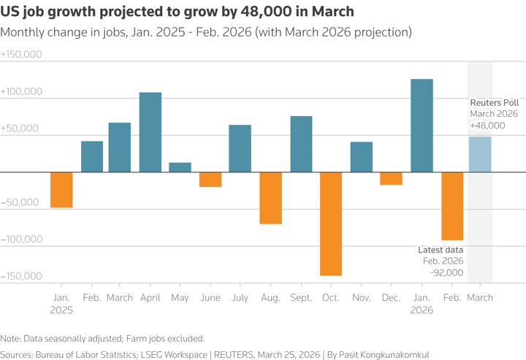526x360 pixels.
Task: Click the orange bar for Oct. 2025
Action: pyautogui.click(x=330, y=223)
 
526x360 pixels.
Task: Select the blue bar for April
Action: pyautogui.click(x=150, y=132)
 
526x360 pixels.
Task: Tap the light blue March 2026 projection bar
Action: pyautogui.click(x=480, y=154)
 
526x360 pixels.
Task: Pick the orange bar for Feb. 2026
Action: pyautogui.click(x=452, y=206)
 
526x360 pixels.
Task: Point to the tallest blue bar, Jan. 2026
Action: pyautogui.click(x=422, y=126)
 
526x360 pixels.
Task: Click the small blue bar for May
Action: pyautogui.click(x=180, y=167)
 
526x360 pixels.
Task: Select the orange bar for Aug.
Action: pyautogui.click(x=271, y=198)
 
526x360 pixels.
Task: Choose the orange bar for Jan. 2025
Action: pyautogui.click(x=61, y=190)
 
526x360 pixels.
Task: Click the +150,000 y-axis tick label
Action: pyautogui.click(x=21, y=55)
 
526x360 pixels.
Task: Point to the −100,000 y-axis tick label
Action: pyautogui.click(x=21, y=239)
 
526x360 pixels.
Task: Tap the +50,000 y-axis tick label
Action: pyautogui.click(x=21, y=129)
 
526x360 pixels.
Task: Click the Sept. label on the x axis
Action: pyautogui.click(x=300, y=298)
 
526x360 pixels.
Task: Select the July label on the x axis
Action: pyautogui.click(x=240, y=298)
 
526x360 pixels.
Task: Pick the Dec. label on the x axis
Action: pyautogui.click(x=391, y=298)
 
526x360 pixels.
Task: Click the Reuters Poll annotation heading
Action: pyautogui.click(x=494, y=102)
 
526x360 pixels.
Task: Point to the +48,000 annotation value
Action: pyautogui.click(x=488, y=126)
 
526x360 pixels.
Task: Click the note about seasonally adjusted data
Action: pyautogui.click(x=103, y=338)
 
